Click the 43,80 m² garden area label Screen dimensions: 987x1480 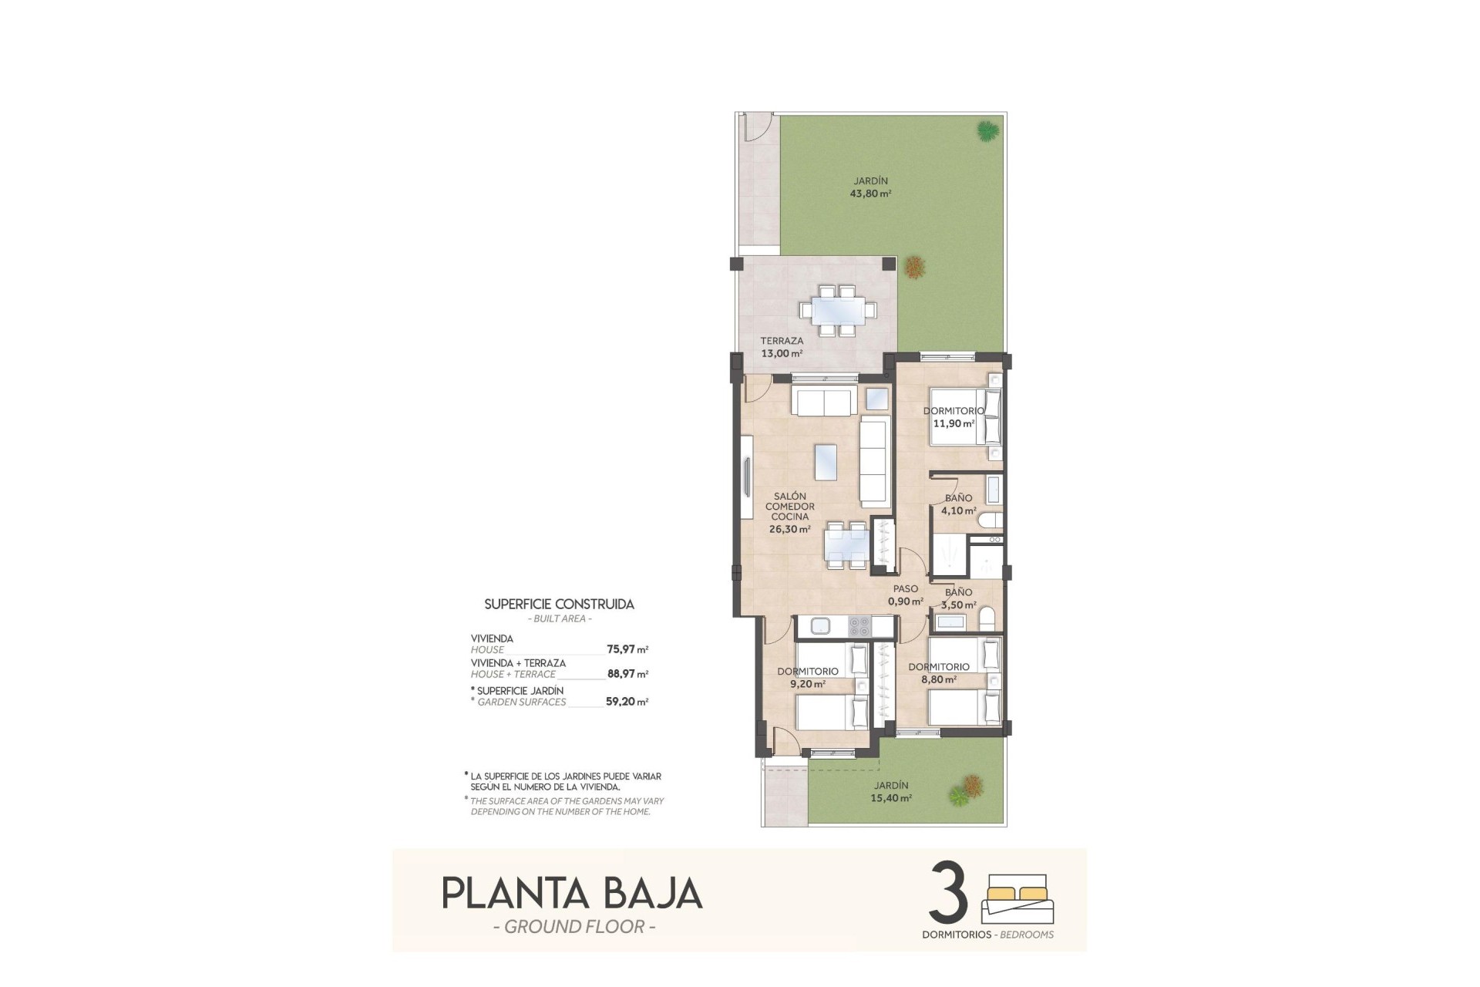pos(870,194)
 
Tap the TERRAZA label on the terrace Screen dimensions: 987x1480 pos(782,341)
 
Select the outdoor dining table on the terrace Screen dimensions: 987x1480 pos(837,311)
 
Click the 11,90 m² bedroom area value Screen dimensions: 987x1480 pos(954,423)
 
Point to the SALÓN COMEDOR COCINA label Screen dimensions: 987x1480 pos(789,507)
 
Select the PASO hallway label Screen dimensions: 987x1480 pos(905,589)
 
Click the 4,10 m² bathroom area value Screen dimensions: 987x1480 pos(960,510)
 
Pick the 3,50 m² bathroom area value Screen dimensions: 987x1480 pos(960,605)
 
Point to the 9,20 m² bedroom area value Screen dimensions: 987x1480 pos(808,684)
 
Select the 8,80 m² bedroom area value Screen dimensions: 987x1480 pos(939,679)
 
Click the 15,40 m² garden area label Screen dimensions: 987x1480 pos(891,798)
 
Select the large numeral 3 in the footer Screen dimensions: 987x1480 pos(949,892)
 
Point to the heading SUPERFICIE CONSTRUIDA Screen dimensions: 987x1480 pos(559,605)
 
